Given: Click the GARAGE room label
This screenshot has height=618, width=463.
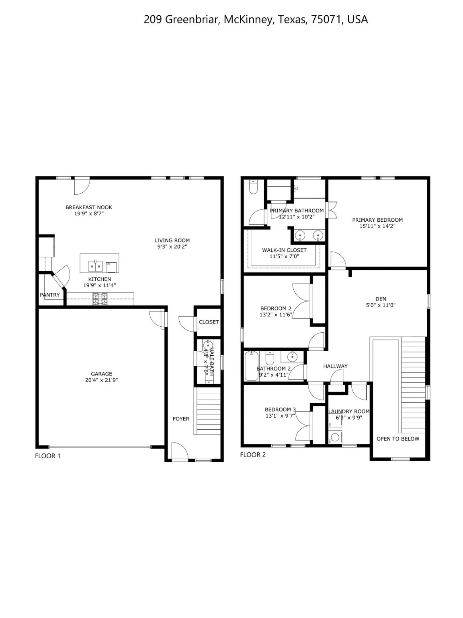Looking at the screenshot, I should coord(101,374).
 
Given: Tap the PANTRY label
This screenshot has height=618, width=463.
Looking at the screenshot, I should coord(50,295).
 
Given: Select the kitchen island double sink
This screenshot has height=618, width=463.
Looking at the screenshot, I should coord(95,266).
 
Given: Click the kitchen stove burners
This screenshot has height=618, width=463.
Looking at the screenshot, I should coord(100,298).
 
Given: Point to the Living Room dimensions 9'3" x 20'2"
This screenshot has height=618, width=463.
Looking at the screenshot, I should coord(172,247).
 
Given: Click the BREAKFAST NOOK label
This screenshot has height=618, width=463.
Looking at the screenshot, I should coord(89,207).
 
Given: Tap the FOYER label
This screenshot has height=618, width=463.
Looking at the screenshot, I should coord(181,419).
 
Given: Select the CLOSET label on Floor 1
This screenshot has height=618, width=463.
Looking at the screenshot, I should coord(209,322).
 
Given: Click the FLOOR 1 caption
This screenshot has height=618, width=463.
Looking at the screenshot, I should coord(47,456).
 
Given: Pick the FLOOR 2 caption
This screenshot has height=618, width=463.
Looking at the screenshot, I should coord(253,455).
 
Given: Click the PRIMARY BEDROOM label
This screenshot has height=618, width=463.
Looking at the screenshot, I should coord(377,220).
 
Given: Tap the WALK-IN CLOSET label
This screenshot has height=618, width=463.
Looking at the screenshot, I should coord(284,250).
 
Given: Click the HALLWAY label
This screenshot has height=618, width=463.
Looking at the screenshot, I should coord(335,366).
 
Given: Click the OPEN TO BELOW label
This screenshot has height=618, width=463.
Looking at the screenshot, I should coord(397,439).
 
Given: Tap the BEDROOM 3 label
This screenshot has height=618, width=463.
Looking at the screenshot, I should coord(280,410).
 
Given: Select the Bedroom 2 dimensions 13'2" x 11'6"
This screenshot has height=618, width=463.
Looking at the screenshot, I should coord(276,315).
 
